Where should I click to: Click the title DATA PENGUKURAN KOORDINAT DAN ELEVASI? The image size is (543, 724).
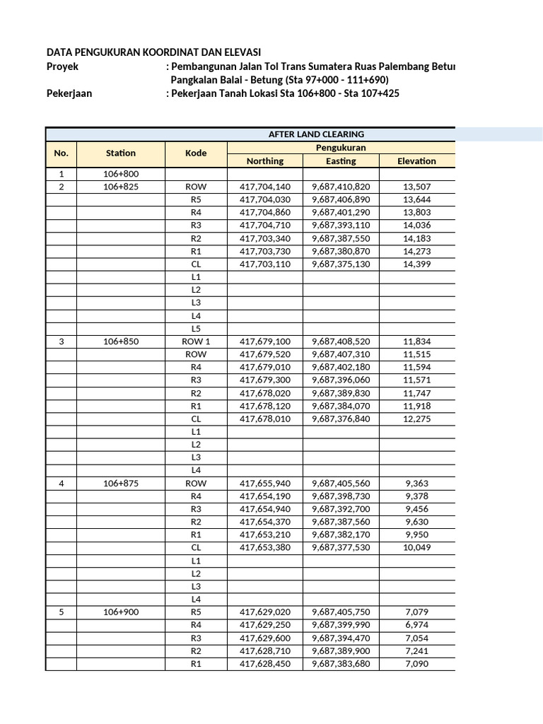[153, 52]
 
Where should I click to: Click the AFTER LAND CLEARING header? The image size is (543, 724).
[306, 134]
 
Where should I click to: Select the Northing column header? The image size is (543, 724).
[264, 161]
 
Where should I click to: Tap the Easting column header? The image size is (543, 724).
[341, 161]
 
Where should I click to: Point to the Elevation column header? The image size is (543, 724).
[416, 161]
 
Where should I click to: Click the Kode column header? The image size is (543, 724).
[196, 153]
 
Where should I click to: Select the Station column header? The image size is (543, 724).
[121, 153]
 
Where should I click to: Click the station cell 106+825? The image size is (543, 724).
[121, 187]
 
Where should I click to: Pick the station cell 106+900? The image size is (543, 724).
[121, 612]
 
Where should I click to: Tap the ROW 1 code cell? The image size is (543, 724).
[196, 341]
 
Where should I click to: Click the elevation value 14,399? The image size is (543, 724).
[416, 264]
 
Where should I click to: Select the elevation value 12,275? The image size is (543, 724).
[416, 419]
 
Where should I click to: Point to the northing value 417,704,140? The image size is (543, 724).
[264, 187]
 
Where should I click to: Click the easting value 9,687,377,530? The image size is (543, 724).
[341, 548]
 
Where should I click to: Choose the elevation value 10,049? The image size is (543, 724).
[416, 548]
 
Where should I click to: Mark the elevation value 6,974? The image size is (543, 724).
[416, 625]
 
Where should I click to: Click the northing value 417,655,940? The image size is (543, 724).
[264, 484]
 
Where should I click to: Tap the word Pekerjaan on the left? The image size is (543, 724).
[69, 93]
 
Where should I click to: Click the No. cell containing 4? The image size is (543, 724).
[62, 484]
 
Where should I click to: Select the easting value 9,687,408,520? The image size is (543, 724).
[341, 341]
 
